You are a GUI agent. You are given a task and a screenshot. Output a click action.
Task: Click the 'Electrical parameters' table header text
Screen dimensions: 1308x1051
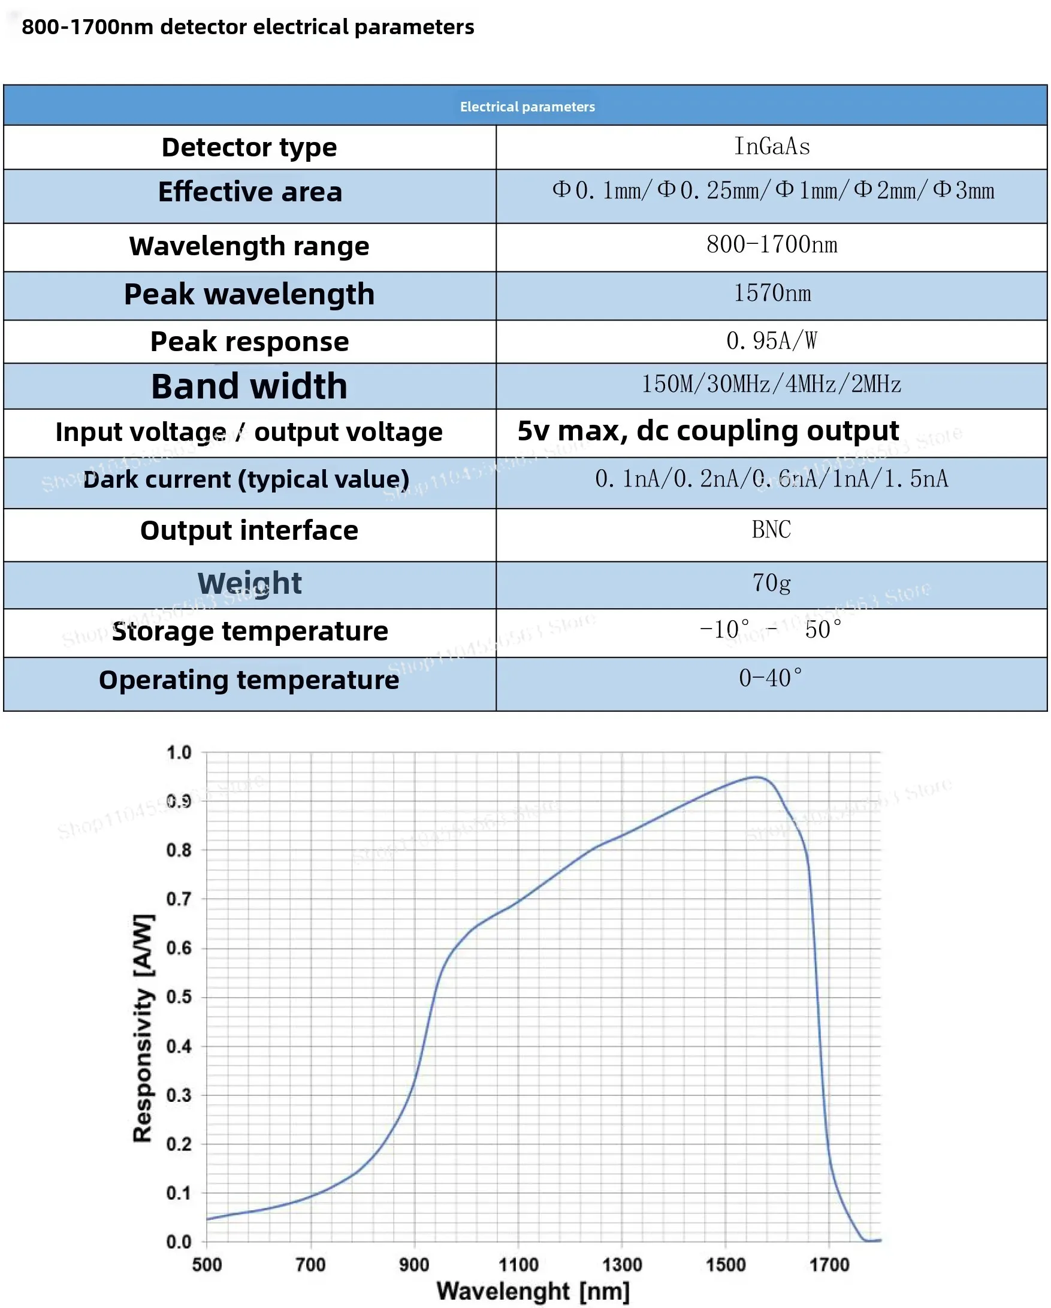click(527, 107)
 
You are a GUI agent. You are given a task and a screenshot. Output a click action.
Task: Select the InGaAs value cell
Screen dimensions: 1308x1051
click(772, 147)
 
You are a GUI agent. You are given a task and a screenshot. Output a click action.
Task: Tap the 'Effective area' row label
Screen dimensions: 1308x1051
click(250, 192)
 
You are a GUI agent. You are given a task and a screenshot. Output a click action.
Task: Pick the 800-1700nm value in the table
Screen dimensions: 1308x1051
click(772, 245)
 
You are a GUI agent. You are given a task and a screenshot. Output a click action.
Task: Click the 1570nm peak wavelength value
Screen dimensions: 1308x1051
click(772, 294)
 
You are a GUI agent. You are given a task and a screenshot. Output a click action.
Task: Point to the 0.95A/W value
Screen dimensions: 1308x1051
click(772, 341)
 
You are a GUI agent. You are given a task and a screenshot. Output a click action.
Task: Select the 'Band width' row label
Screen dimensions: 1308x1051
click(249, 386)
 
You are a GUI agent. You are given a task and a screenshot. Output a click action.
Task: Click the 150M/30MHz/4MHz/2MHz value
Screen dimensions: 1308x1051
click(772, 385)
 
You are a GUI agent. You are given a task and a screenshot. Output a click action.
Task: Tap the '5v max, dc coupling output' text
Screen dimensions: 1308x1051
click(708, 431)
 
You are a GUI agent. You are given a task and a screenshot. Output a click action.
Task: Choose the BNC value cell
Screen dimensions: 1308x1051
click(771, 530)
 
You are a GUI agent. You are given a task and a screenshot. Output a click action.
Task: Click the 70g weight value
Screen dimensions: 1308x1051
click(772, 583)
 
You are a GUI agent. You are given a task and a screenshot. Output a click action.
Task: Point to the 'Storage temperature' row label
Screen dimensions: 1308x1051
click(250, 632)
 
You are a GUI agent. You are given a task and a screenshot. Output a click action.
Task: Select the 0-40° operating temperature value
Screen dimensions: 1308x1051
click(771, 678)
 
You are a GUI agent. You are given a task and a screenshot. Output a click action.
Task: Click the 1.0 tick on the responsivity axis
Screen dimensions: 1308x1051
click(179, 753)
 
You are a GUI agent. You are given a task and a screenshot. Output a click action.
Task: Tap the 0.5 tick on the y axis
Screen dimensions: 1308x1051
click(179, 998)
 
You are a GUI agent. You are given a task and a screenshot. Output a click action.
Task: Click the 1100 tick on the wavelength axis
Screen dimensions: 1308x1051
click(518, 1265)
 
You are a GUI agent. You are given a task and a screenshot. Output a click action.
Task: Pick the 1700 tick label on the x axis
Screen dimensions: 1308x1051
click(829, 1265)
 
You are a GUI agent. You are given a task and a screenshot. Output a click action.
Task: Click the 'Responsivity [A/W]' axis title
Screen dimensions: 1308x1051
click(143, 1028)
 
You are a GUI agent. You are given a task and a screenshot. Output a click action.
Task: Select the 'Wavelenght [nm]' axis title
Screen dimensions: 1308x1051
click(533, 1292)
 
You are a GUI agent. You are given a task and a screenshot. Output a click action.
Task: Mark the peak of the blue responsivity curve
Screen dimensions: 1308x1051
click(756, 777)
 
